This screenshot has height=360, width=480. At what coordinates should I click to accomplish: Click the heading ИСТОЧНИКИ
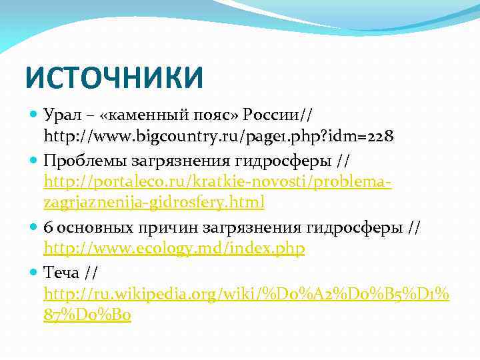113,77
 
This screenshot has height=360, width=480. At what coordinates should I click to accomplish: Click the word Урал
62,114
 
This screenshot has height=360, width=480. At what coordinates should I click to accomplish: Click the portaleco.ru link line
217,181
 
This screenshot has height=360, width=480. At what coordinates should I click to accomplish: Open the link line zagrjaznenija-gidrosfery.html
154,202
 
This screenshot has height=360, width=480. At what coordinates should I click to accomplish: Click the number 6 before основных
47,227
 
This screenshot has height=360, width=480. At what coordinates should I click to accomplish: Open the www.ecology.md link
174,249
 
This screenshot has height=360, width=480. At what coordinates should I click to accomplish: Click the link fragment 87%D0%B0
87,315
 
